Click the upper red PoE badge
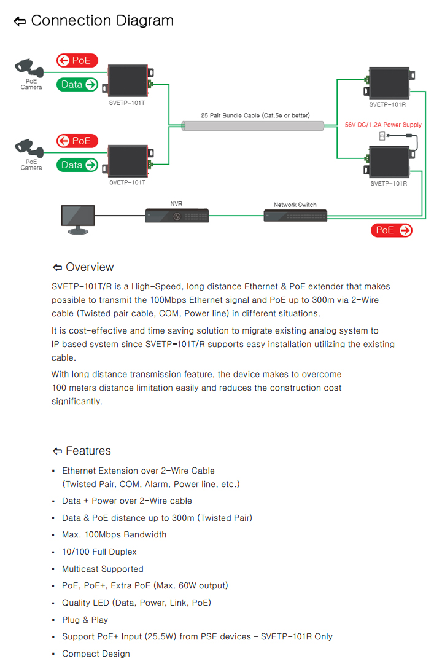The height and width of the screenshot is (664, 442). [77, 60]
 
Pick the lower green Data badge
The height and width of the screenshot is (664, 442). [77, 165]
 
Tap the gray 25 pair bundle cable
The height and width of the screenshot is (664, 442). [254, 126]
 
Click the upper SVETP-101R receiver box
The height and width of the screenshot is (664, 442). [389, 84]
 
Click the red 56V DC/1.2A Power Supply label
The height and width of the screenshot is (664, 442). [383, 125]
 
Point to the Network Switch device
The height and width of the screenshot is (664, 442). [295, 216]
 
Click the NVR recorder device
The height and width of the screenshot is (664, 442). [177, 216]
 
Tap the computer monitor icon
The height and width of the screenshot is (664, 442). [78, 218]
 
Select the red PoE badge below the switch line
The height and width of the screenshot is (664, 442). [392, 230]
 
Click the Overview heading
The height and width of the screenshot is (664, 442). [90, 267]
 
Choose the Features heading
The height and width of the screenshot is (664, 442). [88, 451]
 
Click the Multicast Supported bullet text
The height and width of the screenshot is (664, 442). [103, 569]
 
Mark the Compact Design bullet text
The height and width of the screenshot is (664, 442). [96, 654]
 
